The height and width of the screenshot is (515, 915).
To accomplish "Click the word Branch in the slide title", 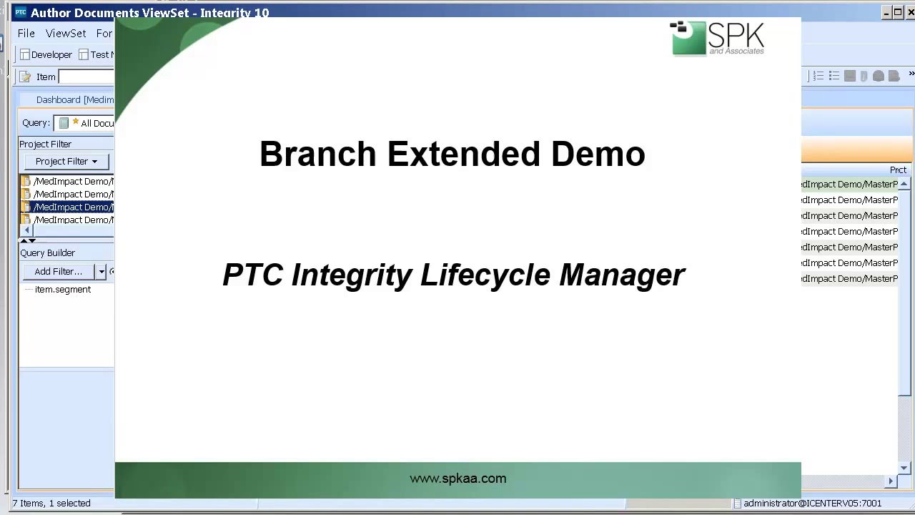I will point(317,154).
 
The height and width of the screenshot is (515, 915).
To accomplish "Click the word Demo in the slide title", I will point(598,154).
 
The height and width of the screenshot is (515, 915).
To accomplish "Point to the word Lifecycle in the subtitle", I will point(485,275).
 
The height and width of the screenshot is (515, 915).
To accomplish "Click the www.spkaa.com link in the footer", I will point(457,479).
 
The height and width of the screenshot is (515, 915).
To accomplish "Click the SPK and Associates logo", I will point(717,39).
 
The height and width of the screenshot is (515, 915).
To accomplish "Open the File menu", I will point(26,34).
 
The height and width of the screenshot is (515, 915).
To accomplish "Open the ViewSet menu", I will point(66,34).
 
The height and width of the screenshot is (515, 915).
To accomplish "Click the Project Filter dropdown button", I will point(66,162).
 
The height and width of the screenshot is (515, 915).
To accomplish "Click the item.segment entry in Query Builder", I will point(63,290).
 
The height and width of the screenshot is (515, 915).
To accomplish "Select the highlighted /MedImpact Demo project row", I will point(73,207).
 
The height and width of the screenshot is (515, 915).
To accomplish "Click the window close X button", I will point(910,12).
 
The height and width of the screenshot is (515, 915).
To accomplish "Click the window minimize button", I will point(886,12).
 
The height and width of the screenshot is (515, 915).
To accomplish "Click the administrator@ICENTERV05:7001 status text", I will point(812,504).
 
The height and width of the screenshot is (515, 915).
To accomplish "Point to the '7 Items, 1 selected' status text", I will point(51,504).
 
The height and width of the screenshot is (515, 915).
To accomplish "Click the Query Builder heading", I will point(47,253).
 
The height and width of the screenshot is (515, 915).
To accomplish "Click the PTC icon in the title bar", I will point(21,12).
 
